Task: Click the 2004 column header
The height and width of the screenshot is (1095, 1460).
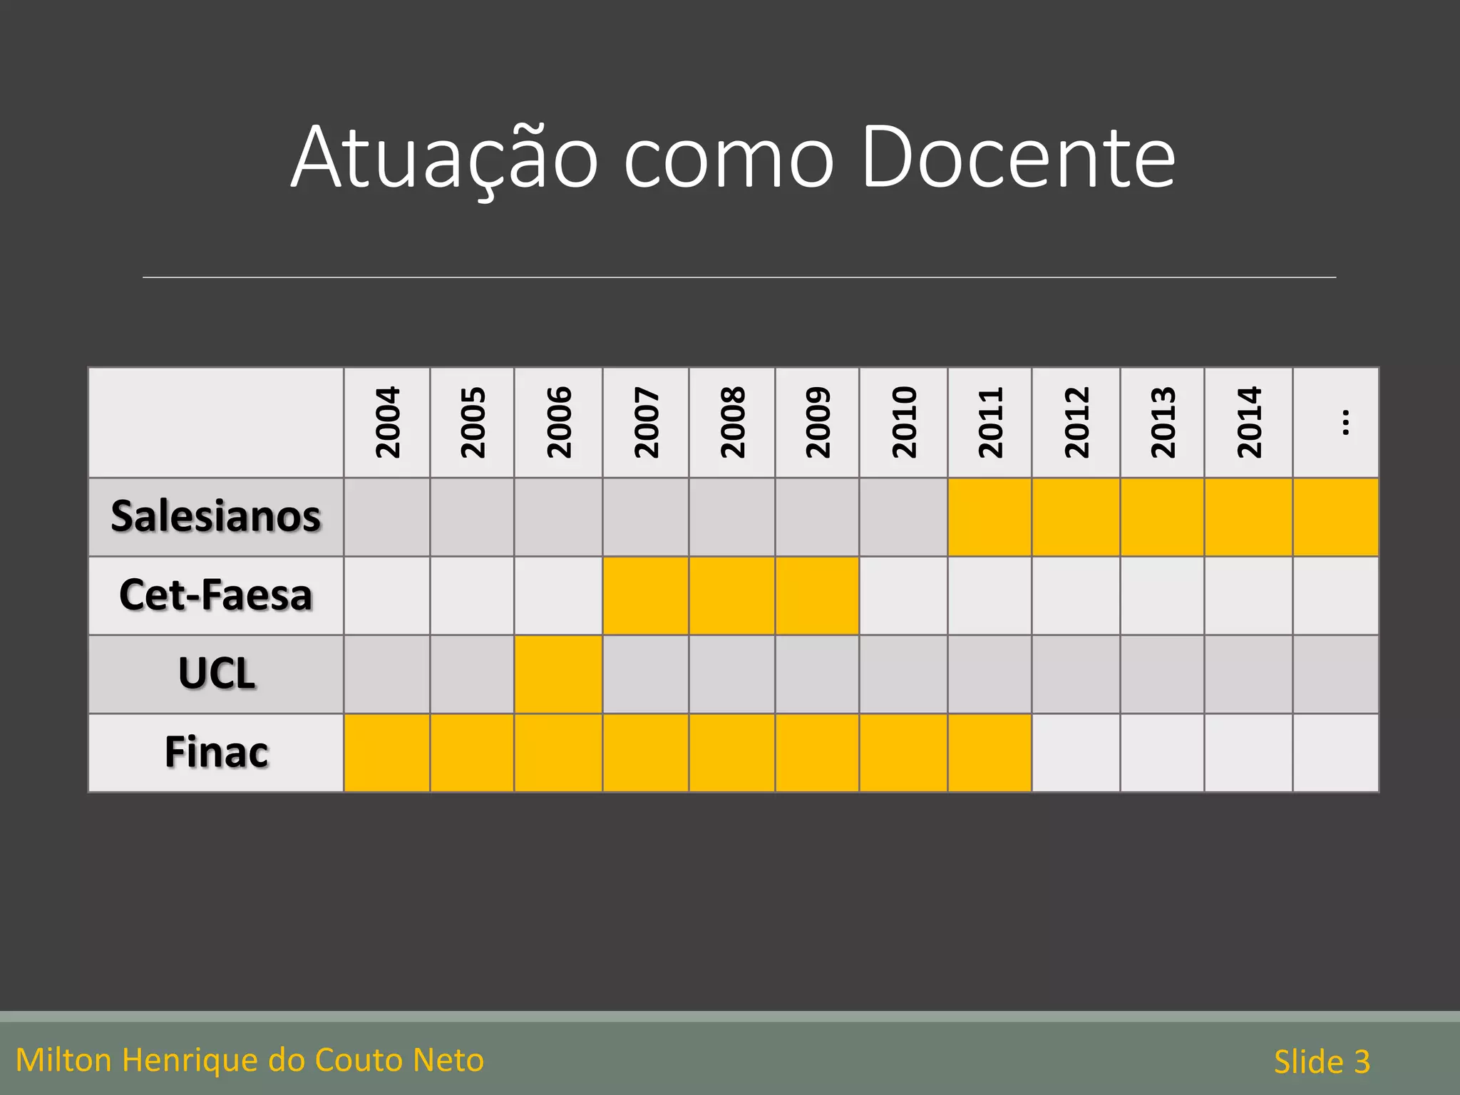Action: click(x=387, y=422)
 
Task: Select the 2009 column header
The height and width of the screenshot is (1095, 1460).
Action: click(x=818, y=422)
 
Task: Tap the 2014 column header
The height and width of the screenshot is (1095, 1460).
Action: click(x=1248, y=422)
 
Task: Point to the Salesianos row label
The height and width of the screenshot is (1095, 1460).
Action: click(x=216, y=516)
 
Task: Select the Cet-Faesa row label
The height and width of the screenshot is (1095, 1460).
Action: click(x=216, y=595)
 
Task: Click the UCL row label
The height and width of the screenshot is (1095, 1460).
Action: click(x=216, y=674)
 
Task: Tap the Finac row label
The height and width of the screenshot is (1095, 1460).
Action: click(x=216, y=752)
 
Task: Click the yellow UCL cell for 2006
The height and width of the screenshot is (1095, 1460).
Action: click(x=558, y=674)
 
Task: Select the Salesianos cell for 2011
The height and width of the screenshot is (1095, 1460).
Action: click(x=989, y=517)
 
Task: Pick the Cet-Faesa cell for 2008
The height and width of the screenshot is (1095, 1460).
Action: click(x=731, y=595)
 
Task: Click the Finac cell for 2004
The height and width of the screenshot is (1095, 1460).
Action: click(x=387, y=753)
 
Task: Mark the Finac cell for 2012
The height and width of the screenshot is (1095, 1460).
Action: click(x=1076, y=753)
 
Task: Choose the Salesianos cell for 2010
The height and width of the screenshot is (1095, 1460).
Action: click(x=903, y=517)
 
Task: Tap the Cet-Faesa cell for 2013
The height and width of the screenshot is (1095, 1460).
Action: click(x=1162, y=595)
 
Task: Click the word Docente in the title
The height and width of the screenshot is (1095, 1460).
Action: click(x=1018, y=158)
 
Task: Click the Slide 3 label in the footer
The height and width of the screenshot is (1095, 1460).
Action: click(x=1322, y=1061)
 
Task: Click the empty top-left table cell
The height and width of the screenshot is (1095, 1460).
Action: click(x=216, y=422)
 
